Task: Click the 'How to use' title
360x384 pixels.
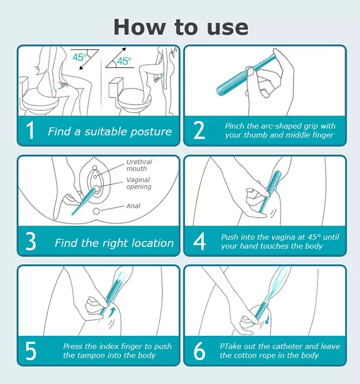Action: (x=181, y=27)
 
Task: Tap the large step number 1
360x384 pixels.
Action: (x=30, y=130)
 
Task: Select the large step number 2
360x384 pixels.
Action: (x=199, y=130)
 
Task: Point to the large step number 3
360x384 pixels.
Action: (x=31, y=242)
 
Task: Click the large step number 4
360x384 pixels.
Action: (x=199, y=242)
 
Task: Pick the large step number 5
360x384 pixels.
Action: (x=31, y=351)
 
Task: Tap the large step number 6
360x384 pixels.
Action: (x=199, y=351)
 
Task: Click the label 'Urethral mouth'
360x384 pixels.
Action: (x=139, y=165)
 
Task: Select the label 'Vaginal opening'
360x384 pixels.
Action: (x=139, y=183)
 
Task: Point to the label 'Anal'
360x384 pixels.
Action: (x=133, y=206)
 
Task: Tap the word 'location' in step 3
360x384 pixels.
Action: (x=152, y=243)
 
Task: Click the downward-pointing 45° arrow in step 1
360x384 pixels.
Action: (x=88, y=60)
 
